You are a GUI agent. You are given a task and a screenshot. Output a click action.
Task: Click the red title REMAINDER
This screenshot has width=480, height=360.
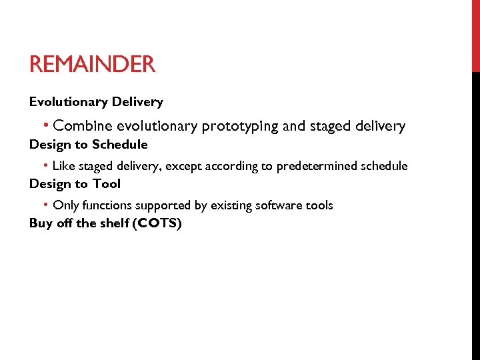[92, 65]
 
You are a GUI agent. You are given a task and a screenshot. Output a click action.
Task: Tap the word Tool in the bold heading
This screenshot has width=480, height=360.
[106, 184]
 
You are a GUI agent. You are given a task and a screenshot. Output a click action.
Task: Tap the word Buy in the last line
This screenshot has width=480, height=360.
[40, 223]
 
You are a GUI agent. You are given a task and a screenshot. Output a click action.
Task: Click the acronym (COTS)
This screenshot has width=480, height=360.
[157, 223]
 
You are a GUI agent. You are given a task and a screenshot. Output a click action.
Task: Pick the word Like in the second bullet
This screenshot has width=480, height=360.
[64, 166]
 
